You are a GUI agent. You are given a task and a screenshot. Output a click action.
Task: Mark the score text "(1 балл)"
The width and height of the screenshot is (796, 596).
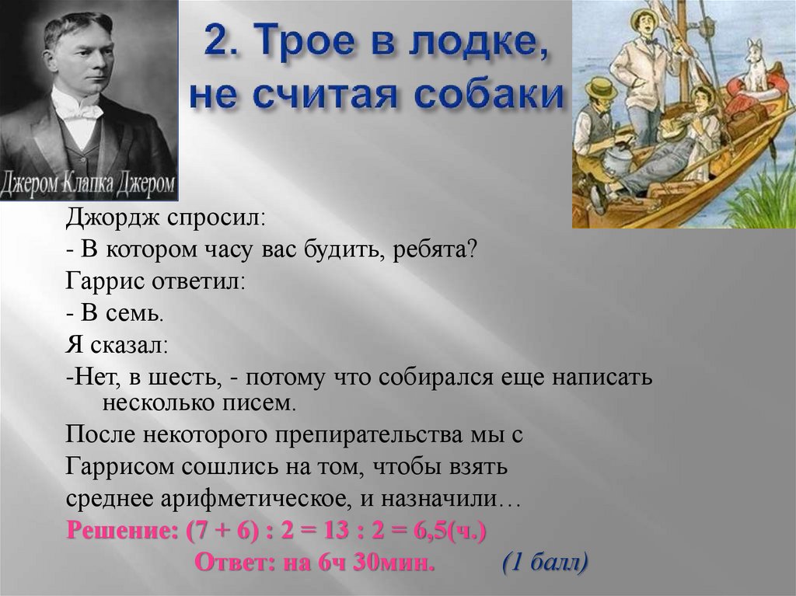pos(544,561)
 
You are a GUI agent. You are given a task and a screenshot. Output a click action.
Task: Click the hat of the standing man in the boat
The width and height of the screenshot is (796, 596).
pos(643,18)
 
